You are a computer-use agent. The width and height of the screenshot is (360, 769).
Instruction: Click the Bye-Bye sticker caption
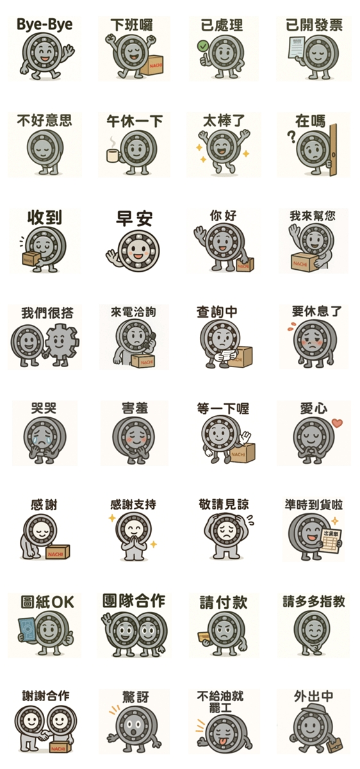point(45,25)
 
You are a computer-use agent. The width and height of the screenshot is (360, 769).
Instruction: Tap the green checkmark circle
point(203,45)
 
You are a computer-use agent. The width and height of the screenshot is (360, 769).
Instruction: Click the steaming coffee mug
point(113,155)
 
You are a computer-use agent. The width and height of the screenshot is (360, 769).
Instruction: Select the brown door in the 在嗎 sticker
point(332,151)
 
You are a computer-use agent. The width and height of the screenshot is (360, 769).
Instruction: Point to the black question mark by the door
point(291,136)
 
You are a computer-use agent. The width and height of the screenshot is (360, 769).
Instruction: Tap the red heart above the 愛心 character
point(338,423)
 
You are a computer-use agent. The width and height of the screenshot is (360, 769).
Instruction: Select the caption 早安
point(134,219)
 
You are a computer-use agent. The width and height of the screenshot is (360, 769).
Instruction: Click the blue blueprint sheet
point(27,630)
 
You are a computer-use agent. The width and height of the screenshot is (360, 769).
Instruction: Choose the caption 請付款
point(224,602)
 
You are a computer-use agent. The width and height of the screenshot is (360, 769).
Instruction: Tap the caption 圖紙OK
point(47,602)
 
